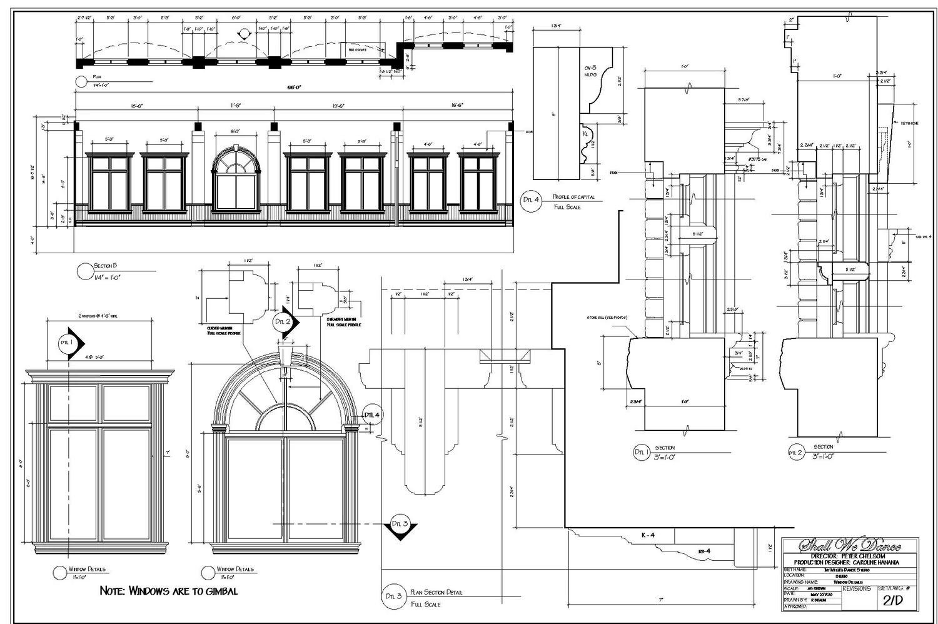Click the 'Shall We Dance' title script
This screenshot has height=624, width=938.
tap(850, 545)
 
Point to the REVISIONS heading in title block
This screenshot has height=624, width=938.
tap(856, 588)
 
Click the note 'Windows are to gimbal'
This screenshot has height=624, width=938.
tap(169, 591)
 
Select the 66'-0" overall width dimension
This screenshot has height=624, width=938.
tap(294, 88)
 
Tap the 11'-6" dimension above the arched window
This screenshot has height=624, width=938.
tap(235, 106)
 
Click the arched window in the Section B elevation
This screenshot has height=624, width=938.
tap(235, 179)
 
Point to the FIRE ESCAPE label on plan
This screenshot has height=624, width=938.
tap(358, 49)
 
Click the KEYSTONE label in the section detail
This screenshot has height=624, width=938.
tap(909, 123)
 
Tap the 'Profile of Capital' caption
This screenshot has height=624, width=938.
tap(573, 197)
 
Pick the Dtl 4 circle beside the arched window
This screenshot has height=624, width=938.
tap(372, 415)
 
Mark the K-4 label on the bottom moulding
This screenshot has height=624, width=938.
tap(648, 535)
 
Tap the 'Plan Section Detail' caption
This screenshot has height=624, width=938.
tap(436, 592)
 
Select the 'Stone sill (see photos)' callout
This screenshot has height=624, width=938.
tap(607, 318)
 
